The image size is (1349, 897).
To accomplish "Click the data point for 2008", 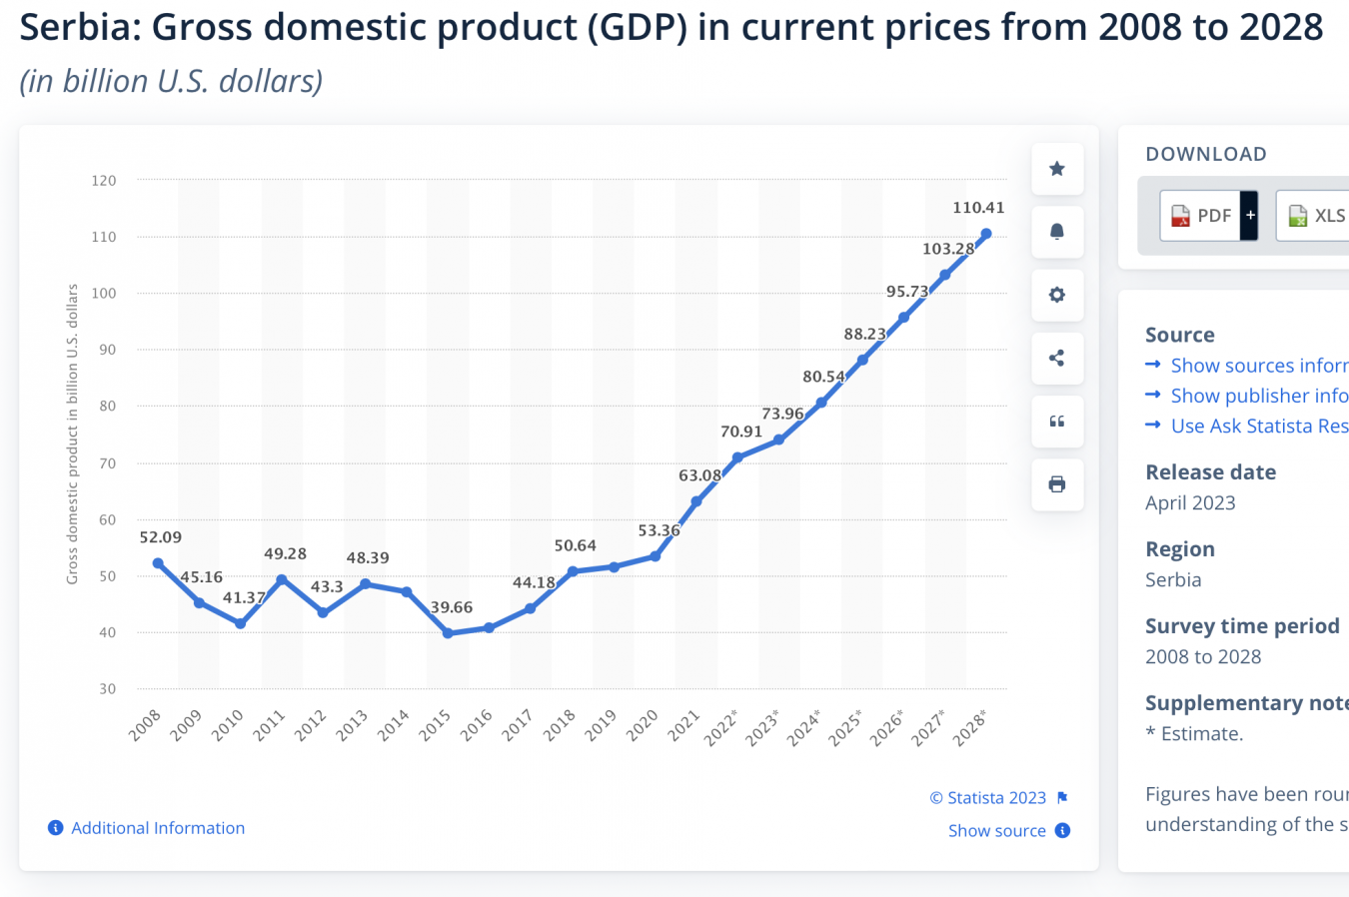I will tap(158, 563).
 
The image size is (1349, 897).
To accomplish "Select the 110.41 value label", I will tap(978, 208).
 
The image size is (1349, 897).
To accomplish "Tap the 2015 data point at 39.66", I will tap(448, 633).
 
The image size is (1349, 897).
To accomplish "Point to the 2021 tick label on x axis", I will tap(683, 725).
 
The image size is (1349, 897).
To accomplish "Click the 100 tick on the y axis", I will tap(104, 294).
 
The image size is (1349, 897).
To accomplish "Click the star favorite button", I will tap(1057, 169).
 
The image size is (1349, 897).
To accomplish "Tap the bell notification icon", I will tap(1057, 232).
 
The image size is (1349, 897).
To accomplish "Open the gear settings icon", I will tap(1057, 295).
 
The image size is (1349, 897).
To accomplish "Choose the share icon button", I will tap(1057, 358).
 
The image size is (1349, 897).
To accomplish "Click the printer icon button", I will tap(1057, 484).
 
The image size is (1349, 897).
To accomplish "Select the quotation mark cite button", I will tap(1057, 422).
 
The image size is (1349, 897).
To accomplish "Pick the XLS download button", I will tap(1315, 216).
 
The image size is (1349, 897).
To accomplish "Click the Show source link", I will tap(997, 831).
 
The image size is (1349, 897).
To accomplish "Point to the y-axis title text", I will tap(72, 434).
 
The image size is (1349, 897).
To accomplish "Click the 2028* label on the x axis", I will tap(969, 728).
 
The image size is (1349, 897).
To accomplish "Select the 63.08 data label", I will tap(699, 475).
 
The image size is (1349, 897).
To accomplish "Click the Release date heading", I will tap(1210, 472).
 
